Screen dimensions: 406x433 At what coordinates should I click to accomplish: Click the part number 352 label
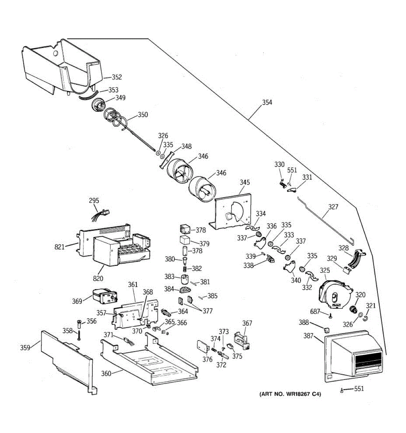tap(117, 77)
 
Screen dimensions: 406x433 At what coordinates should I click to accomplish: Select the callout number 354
tap(267, 102)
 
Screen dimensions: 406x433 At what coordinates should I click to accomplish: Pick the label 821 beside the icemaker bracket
tap(60, 247)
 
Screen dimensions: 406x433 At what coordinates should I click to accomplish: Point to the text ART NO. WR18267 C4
tap(290, 394)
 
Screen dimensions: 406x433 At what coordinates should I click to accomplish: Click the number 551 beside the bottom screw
tap(359, 389)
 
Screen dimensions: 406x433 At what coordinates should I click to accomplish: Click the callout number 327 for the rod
tap(333, 207)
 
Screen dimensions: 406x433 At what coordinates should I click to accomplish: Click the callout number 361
tap(133, 285)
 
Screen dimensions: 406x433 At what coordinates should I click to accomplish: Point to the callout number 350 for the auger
tap(143, 115)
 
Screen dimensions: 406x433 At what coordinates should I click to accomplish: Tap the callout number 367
tap(247, 323)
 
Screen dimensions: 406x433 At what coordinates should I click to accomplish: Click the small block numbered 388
tap(327, 330)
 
